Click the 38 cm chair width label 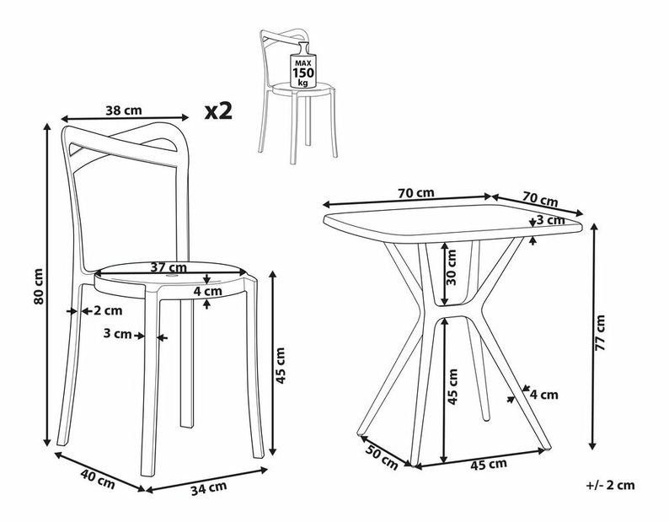(x=124, y=110)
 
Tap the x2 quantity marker (x=218, y=110)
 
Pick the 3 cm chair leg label (x=122, y=335)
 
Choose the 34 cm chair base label (x=207, y=487)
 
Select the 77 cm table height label (x=600, y=334)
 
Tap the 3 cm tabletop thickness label (x=553, y=220)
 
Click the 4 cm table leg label (x=544, y=393)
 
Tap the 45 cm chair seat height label (x=280, y=364)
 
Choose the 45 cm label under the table (x=487, y=464)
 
